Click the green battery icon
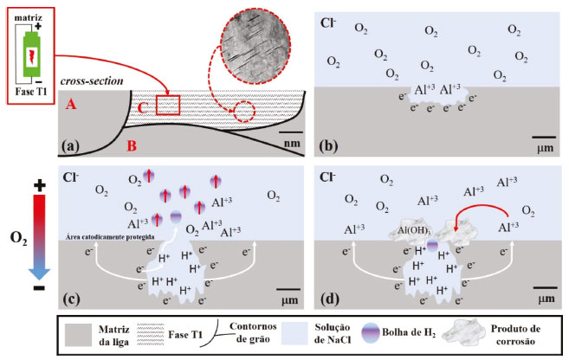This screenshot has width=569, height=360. click(x=30, y=47)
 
